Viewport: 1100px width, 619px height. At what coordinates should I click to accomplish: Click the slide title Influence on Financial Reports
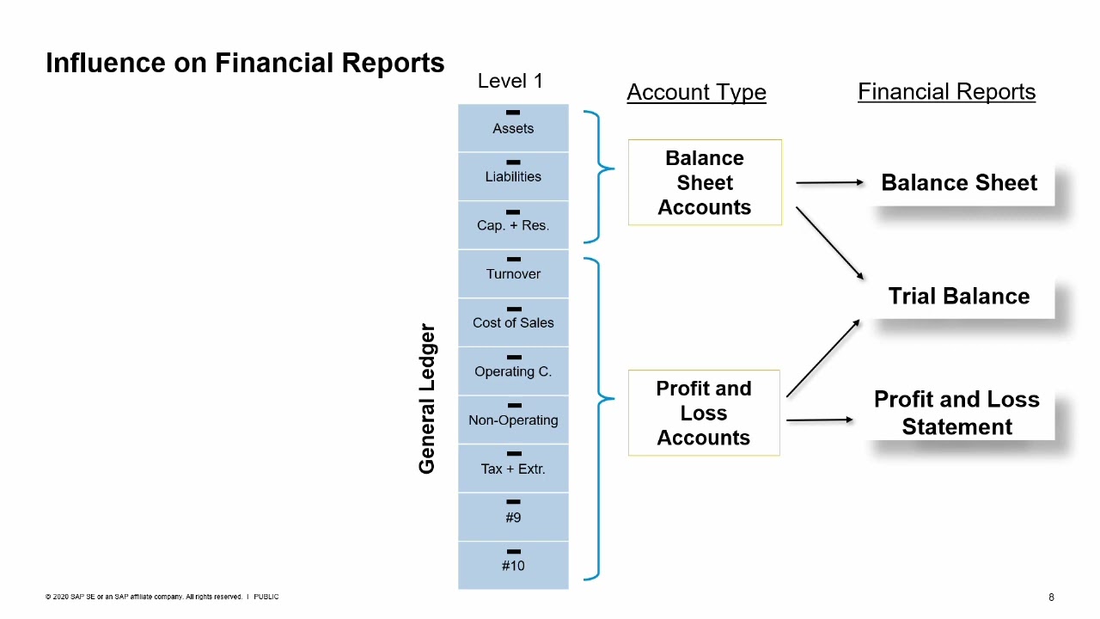point(245,64)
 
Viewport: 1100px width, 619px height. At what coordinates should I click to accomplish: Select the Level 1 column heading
point(510,81)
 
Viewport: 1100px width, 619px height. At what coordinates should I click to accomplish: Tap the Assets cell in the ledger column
point(513,128)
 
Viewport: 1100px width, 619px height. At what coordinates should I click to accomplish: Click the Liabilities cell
point(513,177)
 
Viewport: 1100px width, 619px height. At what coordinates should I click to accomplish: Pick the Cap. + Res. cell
point(513,225)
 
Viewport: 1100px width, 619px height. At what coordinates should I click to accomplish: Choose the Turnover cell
point(513,274)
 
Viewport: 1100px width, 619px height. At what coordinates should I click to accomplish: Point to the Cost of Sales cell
point(513,322)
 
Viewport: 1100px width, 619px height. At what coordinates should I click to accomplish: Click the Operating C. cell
point(513,371)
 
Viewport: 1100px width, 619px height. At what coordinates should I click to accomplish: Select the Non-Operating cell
point(513,420)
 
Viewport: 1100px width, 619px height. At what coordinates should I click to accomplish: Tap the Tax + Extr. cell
point(513,469)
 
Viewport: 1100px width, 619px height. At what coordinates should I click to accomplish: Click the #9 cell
point(513,517)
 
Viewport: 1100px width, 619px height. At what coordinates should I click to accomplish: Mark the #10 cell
point(513,566)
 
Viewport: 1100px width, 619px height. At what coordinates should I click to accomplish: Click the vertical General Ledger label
point(427,398)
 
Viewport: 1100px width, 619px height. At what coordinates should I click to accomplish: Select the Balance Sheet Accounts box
point(705,182)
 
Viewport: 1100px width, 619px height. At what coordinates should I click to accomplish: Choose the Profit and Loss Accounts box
point(704,413)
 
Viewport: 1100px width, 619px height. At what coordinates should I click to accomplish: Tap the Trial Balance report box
point(958,297)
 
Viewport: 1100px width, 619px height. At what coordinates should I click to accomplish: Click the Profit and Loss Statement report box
point(956,414)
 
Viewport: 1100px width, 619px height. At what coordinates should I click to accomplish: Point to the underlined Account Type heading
point(696,92)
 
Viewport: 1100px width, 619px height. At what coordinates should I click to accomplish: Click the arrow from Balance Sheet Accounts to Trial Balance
point(829,242)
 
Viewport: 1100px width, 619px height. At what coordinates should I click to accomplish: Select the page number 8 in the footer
point(1051,597)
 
